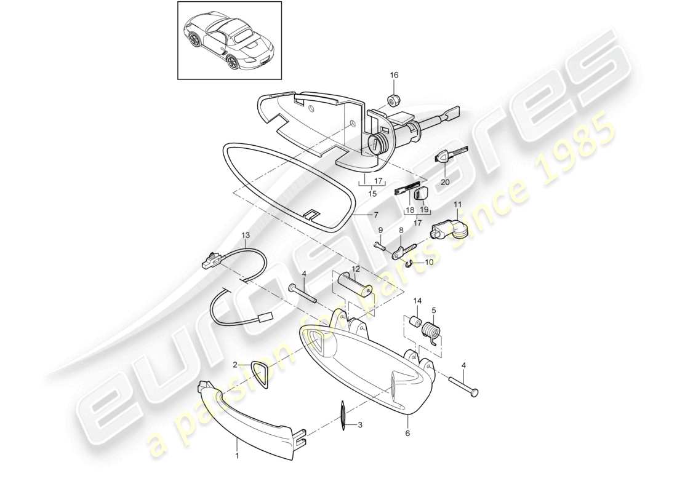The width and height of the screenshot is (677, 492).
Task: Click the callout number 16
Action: [x=394, y=75]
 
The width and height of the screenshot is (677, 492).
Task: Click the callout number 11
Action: [x=457, y=204]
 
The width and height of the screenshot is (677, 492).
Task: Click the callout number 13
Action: [x=246, y=235]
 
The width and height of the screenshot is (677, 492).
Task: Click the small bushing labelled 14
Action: [x=415, y=322]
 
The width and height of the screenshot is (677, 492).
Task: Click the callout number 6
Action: [x=408, y=434]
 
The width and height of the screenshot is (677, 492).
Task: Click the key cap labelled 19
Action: [x=420, y=194]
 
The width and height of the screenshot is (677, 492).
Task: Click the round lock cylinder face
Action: [x=375, y=144]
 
